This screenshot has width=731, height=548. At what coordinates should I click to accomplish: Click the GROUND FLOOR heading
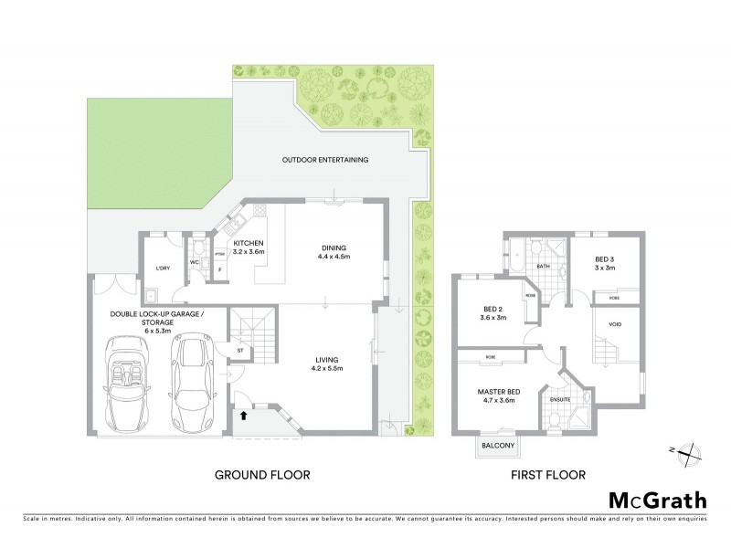pos(262,475)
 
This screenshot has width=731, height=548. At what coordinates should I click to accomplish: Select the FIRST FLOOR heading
pos(548,475)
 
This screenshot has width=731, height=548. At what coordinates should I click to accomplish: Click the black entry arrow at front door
pos(243,415)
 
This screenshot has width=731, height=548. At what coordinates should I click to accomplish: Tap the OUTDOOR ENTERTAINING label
pos(324,160)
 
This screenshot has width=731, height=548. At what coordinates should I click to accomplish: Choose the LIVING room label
pos(327,360)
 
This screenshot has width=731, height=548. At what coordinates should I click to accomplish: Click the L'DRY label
pos(164,268)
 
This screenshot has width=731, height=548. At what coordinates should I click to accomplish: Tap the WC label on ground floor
pos(195,263)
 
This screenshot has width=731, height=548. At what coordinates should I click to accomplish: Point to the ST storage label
pos(239,349)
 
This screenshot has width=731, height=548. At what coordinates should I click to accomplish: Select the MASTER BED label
pos(498,394)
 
